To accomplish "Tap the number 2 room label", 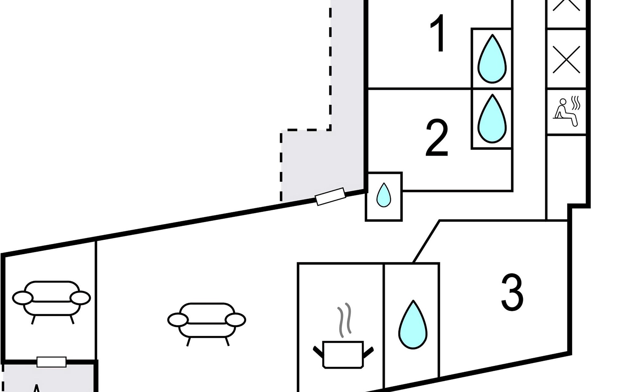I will pyautogui.click(x=437, y=139).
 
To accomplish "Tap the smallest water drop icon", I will pyautogui.click(x=384, y=195).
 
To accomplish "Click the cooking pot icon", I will pyautogui.click(x=343, y=354).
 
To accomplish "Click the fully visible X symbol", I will pyautogui.click(x=567, y=59).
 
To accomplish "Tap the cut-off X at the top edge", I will pyautogui.click(x=567, y=5).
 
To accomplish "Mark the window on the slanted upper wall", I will pyautogui.click(x=330, y=196).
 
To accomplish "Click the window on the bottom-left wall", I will pyautogui.click(x=52, y=362).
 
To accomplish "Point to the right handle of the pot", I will pyautogui.click(x=368, y=351).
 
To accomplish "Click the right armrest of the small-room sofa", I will pyautogui.click(x=80, y=298).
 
